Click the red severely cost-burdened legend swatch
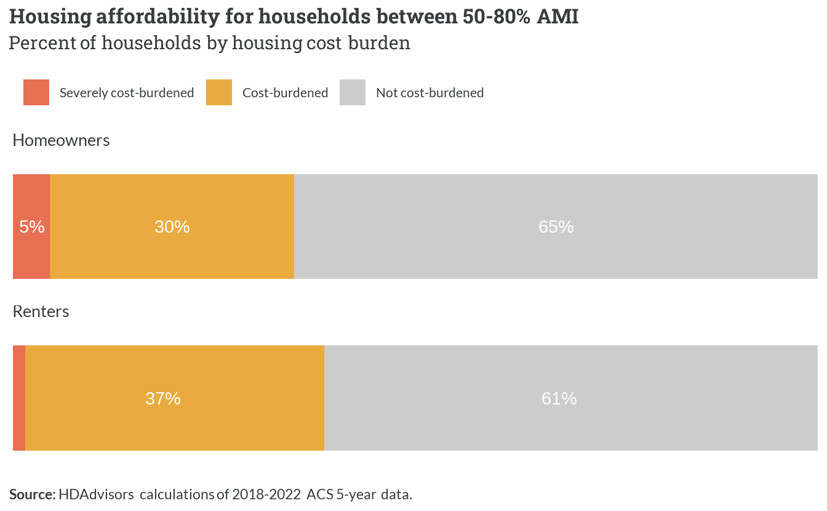click(x=36, y=92)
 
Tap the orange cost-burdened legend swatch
click(x=219, y=92)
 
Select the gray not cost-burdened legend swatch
click(x=353, y=92)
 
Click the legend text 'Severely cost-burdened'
click(x=127, y=93)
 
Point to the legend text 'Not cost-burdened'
click(x=429, y=93)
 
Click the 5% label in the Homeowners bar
click(x=32, y=227)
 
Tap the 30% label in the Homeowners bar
click(x=172, y=227)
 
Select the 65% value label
click(x=556, y=227)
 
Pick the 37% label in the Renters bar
click(x=163, y=398)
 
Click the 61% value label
click(x=559, y=398)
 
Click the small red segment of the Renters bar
click(x=19, y=398)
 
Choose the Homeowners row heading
click(x=61, y=140)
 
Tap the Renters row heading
click(x=41, y=312)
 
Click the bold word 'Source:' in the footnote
click(x=33, y=494)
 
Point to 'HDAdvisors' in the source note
click(x=96, y=494)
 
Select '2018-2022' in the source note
click(x=266, y=494)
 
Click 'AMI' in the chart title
click(x=557, y=17)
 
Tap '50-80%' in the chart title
click(x=496, y=17)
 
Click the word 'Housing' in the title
click(x=50, y=17)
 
